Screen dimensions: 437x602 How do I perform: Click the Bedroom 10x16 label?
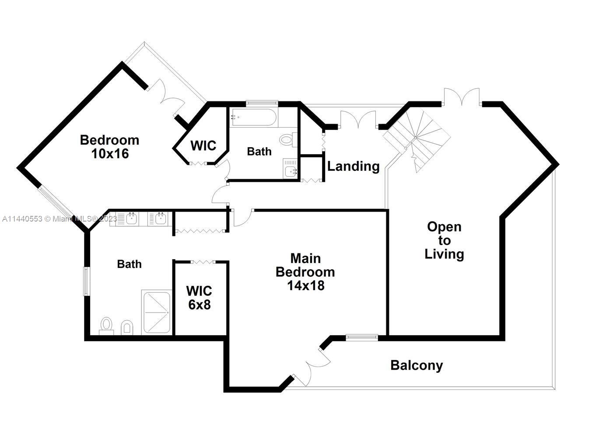click(x=109, y=146)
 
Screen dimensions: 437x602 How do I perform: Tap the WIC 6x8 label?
click(x=199, y=297)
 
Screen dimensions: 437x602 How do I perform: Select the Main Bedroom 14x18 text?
click(x=305, y=271)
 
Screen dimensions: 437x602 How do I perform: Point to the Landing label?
click(x=353, y=166)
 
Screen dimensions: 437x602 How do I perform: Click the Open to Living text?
click(x=444, y=240)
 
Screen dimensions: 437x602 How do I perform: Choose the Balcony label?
click(x=416, y=365)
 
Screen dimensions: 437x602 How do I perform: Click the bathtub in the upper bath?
click(x=253, y=117)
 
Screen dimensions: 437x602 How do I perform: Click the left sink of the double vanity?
click(x=130, y=218)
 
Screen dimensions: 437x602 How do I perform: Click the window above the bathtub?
click(x=262, y=103)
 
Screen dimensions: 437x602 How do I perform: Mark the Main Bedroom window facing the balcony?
click(x=361, y=337)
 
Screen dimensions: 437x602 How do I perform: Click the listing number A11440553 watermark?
click(x=22, y=218)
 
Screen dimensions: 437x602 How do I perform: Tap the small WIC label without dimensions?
click(x=203, y=146)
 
